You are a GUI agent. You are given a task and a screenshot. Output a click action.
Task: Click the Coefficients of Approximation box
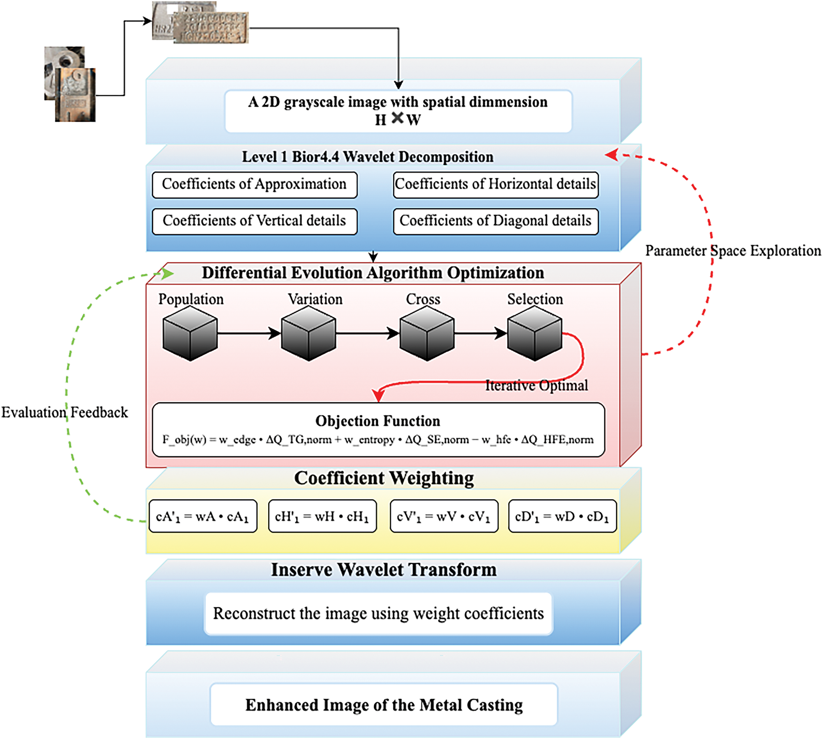click(x=255, y=185)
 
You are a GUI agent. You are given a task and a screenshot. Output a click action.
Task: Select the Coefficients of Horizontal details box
click(x=496, y=185)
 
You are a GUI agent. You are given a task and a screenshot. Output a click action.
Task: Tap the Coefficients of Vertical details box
click(x=255, y=221)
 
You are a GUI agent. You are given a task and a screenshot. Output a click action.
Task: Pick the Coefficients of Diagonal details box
click(x=496, y=221)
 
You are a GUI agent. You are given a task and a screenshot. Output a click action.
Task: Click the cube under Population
click(x=190, y=333)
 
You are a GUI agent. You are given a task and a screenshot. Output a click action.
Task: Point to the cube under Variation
click(x=309, y=333)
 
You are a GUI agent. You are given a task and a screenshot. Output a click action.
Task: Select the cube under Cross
click(x=427, y=333)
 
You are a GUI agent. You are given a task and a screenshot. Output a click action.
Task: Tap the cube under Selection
click(x=535, y=333)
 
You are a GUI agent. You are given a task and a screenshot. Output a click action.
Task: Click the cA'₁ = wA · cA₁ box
click(x=203, y=516)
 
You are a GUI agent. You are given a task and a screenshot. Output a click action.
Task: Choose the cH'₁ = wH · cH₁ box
click(x=323, y=516)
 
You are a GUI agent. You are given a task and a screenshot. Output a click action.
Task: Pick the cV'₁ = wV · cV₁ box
click(x=444, y=516)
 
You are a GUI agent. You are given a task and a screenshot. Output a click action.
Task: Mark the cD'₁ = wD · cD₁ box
click(x=562, y=516)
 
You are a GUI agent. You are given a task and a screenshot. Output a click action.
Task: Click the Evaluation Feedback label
click(x=65, y=412)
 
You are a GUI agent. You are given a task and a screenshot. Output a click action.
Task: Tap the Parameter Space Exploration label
click(x=733, y=251)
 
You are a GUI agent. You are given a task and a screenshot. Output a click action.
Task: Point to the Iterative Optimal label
click(x=536, y=385)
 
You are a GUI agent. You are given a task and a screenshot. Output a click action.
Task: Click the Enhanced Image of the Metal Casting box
click(x=384, y=704)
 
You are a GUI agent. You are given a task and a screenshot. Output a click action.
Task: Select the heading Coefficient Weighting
click(x=384, y=478)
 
